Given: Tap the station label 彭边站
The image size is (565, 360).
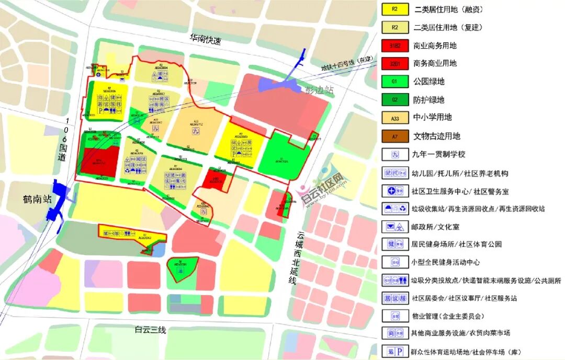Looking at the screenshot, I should tap(319, 89).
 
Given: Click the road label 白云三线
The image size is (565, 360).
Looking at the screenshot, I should tap(150, 330).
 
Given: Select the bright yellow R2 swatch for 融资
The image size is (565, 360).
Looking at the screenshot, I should tap(395, 9).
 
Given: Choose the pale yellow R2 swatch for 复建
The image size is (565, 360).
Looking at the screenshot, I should tap(395, 27).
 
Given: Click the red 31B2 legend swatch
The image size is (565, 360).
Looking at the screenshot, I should tap(395, 46).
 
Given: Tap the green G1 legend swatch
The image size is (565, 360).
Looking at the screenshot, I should tap(395, 82).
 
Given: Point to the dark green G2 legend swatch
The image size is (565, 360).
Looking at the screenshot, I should tap(395, 99).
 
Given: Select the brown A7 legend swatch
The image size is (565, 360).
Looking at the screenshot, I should tap(395, 136).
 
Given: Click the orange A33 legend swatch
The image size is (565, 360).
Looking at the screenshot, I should tap(395, 118).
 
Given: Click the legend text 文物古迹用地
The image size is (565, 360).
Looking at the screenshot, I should tap(436, 136).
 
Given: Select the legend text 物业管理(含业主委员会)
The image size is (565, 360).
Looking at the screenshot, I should tap(448, 316).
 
